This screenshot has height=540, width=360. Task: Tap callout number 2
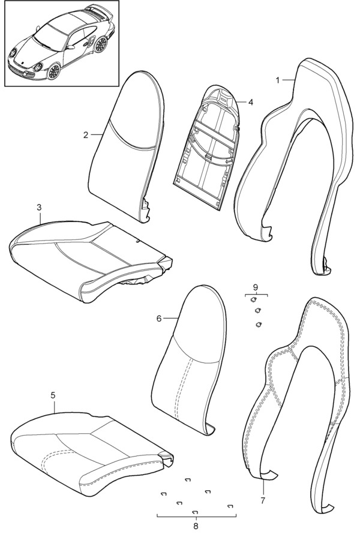(x=86, y=135)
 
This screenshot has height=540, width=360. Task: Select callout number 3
(x=39, y=208)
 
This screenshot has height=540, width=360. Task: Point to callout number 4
(x=250, y=102)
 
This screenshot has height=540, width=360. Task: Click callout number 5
(x=53, y=395)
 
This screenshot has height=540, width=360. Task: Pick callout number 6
(x=159, y=318)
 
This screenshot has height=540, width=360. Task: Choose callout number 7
(x=262, y=499)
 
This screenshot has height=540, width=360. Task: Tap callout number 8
(x=196, y=526)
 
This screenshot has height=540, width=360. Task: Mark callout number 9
(x=255, y=287)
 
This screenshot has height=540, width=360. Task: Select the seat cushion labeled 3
(x=90, y=258)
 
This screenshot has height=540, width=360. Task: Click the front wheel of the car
(x=55, y=71)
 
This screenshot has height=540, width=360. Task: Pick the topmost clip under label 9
(x=254, y=300)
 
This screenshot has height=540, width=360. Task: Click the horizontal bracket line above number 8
(x=196, y=516)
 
